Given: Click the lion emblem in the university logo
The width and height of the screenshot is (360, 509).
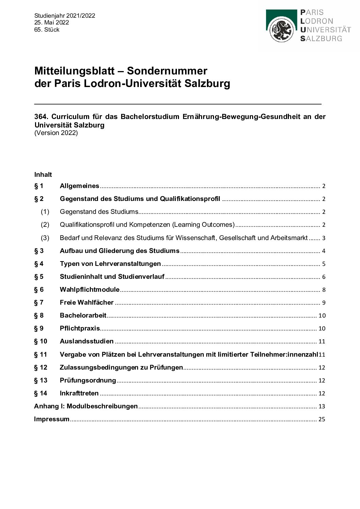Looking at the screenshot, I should (x=281, y=30).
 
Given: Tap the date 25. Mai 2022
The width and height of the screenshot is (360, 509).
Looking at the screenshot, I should (x=51, y=22).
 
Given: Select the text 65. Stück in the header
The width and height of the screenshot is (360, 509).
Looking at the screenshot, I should (x=47, y=30).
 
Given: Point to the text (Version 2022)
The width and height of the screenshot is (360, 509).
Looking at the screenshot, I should (x=56, y=133).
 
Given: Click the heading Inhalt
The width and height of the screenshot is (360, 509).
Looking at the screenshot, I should (x=43, y=175).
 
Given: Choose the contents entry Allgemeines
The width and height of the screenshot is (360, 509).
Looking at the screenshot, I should (x=79, y=186).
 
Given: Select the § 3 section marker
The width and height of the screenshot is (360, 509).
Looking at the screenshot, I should (x=39, y=251).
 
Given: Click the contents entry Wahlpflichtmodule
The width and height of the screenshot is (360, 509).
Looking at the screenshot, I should (x=89, y=290).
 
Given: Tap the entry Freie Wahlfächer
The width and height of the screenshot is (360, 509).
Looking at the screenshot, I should (x=86, y=303).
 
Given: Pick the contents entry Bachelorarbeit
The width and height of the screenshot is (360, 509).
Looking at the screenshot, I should (x=83, y=316).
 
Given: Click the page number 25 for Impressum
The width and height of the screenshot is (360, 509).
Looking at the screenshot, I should (x=322, y=419).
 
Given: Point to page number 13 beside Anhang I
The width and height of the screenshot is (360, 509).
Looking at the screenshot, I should (x=322, y=406).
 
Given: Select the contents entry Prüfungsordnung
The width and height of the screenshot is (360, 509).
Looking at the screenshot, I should (x=88, y=380).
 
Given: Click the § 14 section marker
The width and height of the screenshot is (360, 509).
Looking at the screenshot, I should (x=40, y=393).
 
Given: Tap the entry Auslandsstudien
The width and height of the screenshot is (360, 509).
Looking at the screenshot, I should (x=86, y=341).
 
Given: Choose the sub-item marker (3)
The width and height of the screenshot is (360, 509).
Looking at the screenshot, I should (x=45, y=238).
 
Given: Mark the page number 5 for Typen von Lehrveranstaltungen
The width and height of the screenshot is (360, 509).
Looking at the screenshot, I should (x=324, y=264).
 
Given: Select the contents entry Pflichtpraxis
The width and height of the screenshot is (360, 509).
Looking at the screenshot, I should (x=80, y=328).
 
